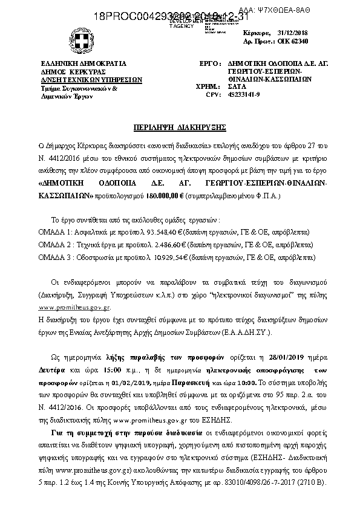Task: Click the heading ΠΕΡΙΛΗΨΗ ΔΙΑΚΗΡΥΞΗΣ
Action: pyautogui.click(x=180, y=128)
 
